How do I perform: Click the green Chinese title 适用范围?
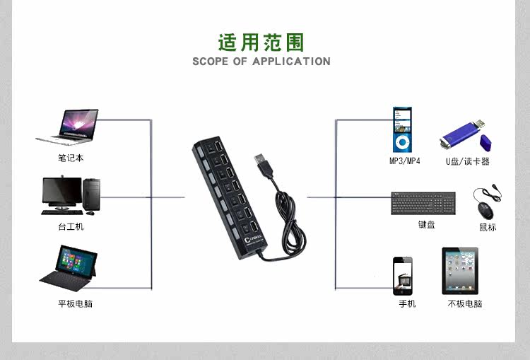(261, 42)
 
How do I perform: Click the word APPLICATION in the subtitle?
(291, 62)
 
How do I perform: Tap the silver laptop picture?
(69, 128)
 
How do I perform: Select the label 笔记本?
(71, 158)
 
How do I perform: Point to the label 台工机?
(71, 226)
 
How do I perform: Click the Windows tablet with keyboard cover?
(67, 268)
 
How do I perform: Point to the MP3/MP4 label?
(404, 161)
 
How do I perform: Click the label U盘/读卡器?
(467, 161)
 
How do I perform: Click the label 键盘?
(426, 225)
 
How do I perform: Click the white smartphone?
(403, 275)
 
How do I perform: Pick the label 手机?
(407, 304)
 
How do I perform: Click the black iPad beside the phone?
(460, 271)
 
